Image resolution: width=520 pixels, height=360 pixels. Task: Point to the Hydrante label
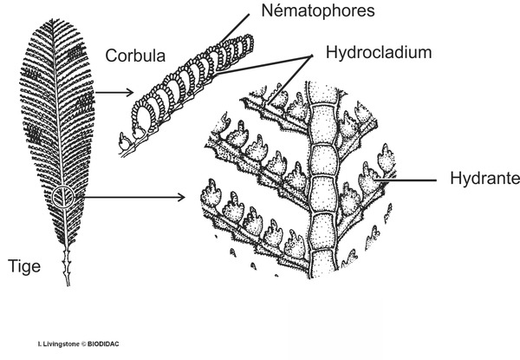(484, 180)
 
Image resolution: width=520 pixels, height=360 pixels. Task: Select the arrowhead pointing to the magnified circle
(179, 197)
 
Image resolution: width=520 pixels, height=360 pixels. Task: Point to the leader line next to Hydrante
(416, 180)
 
